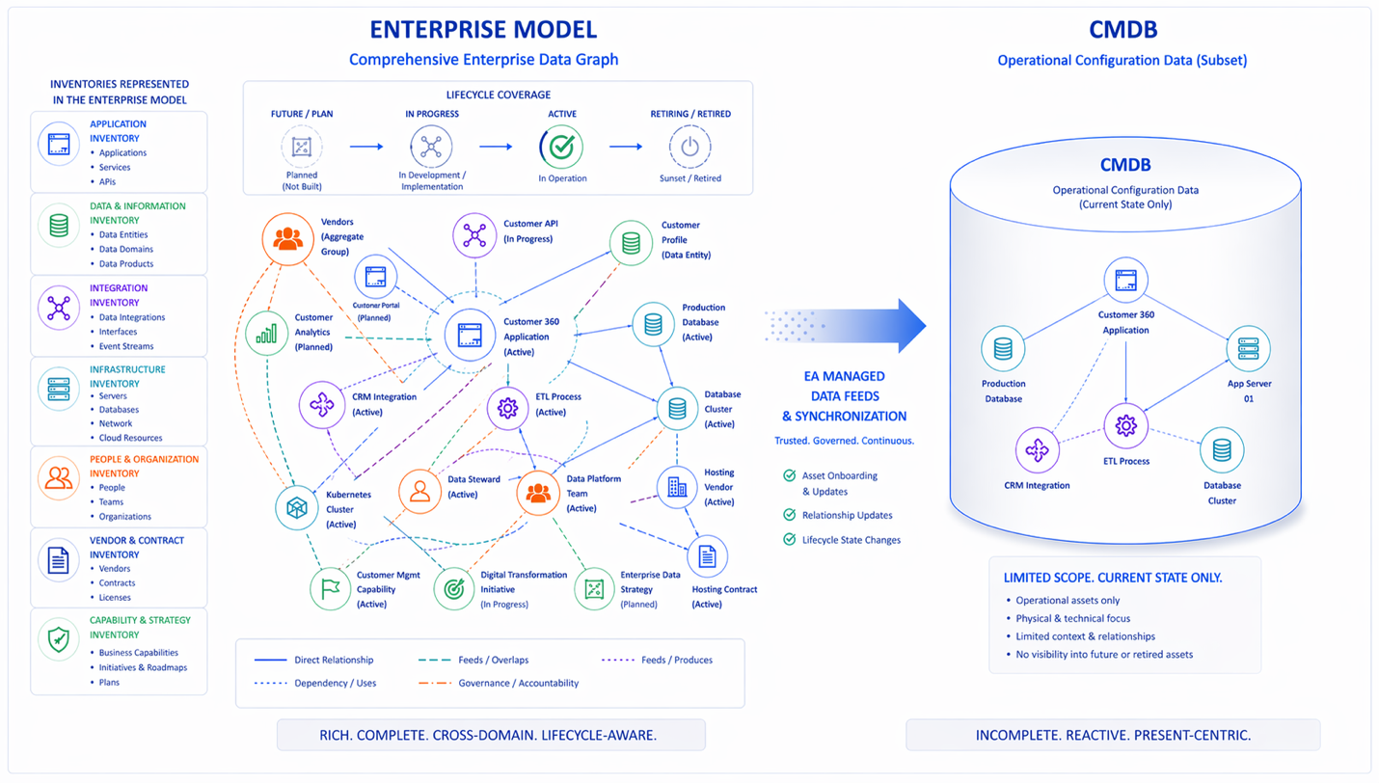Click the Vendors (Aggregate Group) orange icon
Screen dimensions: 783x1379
tap(288, 238)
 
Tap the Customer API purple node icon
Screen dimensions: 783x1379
tap(474, 236)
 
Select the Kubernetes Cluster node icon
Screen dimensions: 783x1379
tap(297, 508)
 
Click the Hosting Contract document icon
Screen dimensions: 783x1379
tap(707, 556)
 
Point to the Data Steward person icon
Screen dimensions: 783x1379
tap(420, 493)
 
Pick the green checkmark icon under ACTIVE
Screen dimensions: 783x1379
tap(561, 148)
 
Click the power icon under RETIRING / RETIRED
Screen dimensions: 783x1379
tap(689, 148)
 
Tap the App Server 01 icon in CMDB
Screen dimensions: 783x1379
tap(1249, 348)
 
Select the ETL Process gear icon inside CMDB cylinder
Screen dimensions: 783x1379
tap(1125, 425)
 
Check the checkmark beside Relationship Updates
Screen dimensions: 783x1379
tap(790, 515)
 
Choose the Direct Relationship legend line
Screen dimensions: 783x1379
tap(271, 661)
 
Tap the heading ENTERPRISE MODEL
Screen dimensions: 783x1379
tap(483, 29)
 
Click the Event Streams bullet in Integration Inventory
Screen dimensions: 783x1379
tap(125, 346)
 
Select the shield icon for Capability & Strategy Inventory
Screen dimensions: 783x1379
tap(59, 639)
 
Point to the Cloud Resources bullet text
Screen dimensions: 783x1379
tap(130, 438)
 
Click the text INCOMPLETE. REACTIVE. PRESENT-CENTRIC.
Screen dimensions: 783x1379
tap(1113, 735)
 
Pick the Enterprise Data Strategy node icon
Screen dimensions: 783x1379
tap(594, 589)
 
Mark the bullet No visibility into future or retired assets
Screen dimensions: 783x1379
tap(1104, 654)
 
